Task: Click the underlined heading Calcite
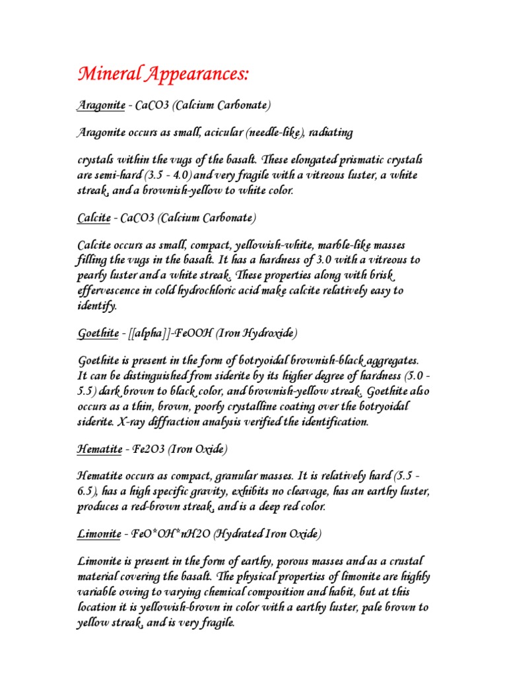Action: pyautogui.click(x=93, y=217)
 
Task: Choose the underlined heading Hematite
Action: pyautogui.click(x=100, y=450)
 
